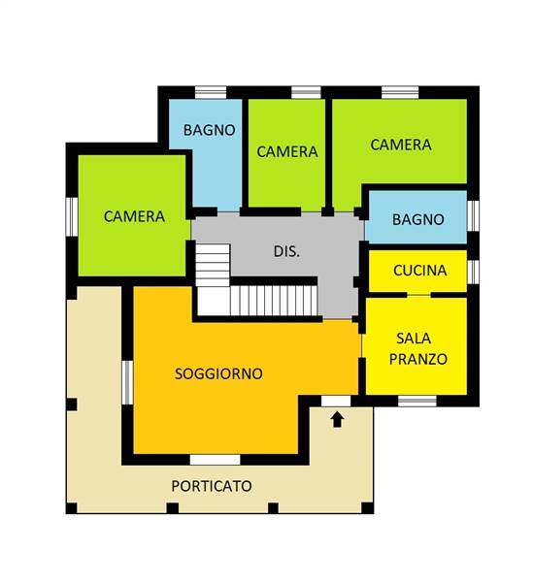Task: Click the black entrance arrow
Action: pos(337,420)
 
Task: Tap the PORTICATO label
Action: pos(212,486)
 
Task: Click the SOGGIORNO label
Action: pos(218,373)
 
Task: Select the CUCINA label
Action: pos(419,271)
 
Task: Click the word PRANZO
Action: pos(418,359)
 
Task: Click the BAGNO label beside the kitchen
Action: pos(418,219)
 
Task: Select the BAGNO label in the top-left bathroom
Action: pos(209,130)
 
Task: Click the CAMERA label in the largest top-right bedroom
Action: pos(401,145)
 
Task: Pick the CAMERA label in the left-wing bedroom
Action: pos(134,216)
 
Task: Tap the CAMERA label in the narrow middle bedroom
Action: pos(287,151)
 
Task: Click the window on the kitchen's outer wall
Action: pos(473,271)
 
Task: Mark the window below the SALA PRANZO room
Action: pos(417,402)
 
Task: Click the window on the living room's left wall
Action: pos(127,382)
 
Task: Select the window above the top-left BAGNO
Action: pos(211,92)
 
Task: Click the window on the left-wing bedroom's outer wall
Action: pos(72,216)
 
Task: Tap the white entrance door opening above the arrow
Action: pos(336,401)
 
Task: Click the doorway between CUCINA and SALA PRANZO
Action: pos(418,295)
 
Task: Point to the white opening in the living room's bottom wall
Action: pos(216,460)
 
